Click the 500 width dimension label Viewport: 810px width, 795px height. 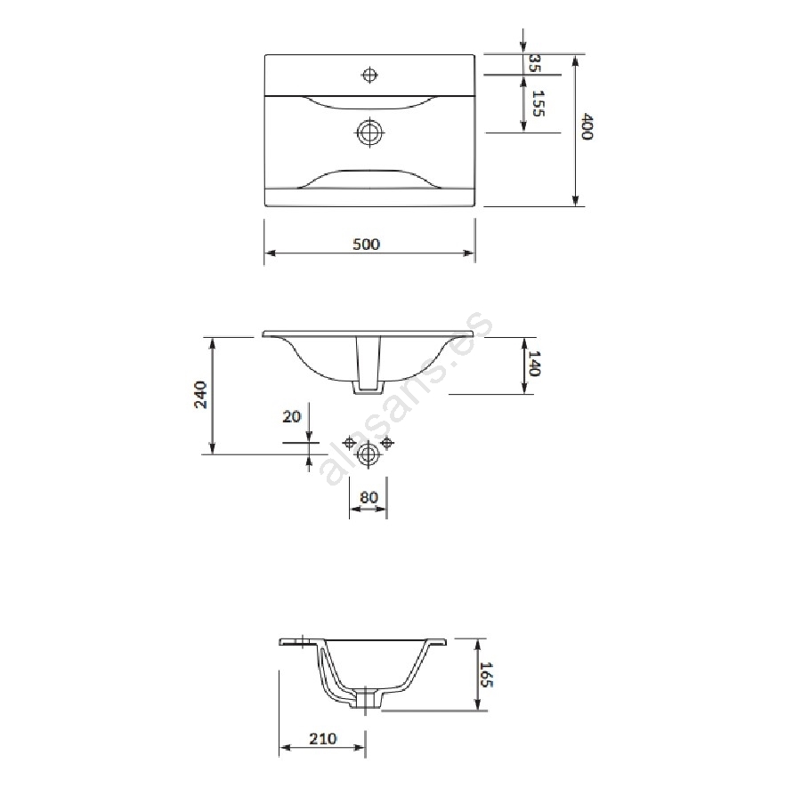pyautogui.click(x=366, y=244)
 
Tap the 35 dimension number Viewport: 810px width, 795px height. pyautogui.click(x=535, y=63)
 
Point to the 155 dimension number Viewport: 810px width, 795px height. pyautogui.click(x=538, y=103)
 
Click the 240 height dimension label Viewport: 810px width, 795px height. pyautogui.click(x=200, y=395)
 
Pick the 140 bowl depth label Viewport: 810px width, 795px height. pyautogui.click(x=535, y=364)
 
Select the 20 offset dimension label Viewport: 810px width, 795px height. pyautogui.click(x=291, y=416)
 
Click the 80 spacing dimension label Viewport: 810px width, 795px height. pyautogui.click(x=369, y=498)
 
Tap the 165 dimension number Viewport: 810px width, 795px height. pyautogui.click(x=487, y=675)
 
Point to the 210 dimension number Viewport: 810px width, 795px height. pyautogui.click(x=323, y=739)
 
